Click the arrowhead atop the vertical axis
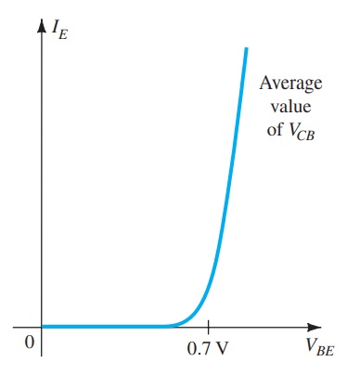click(42, 38)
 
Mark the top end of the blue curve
click(247, 48)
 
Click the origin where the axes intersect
click(42, 327)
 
